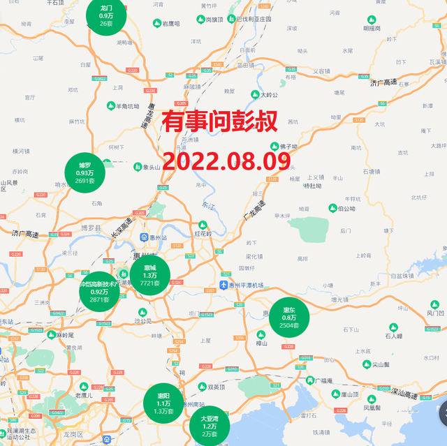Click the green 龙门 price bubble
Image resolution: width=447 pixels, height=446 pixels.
coord(106,15)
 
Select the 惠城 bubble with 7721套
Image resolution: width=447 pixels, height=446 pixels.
coord(150,275)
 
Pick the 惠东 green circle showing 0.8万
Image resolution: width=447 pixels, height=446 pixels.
coord(289,318)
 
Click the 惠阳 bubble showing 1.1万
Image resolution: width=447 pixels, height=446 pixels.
coord(163,403)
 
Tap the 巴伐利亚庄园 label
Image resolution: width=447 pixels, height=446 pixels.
coord(253,20)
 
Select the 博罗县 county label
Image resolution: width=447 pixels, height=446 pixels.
coord(91,228)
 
